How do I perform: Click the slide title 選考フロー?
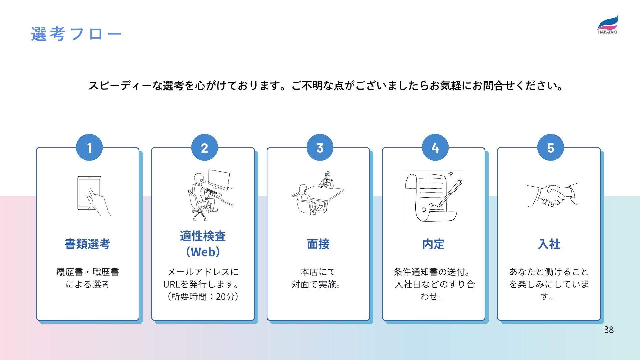[76, 34]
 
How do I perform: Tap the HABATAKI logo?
[607, 25]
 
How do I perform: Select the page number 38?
[609, 330]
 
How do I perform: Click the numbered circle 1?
[89, 148]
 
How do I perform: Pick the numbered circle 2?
[204, 148]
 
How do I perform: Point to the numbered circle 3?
[320, 148]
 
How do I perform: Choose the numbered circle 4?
[435, 148]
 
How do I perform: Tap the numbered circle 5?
[550, 148]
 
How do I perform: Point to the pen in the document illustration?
[451, 192]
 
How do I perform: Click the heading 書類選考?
[87, 244]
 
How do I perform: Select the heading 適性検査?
[203, 236]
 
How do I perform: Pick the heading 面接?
[318, 244]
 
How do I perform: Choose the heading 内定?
[433, 244]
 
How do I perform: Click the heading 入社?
[549, 244]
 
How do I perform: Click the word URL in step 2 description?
[171, 284]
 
